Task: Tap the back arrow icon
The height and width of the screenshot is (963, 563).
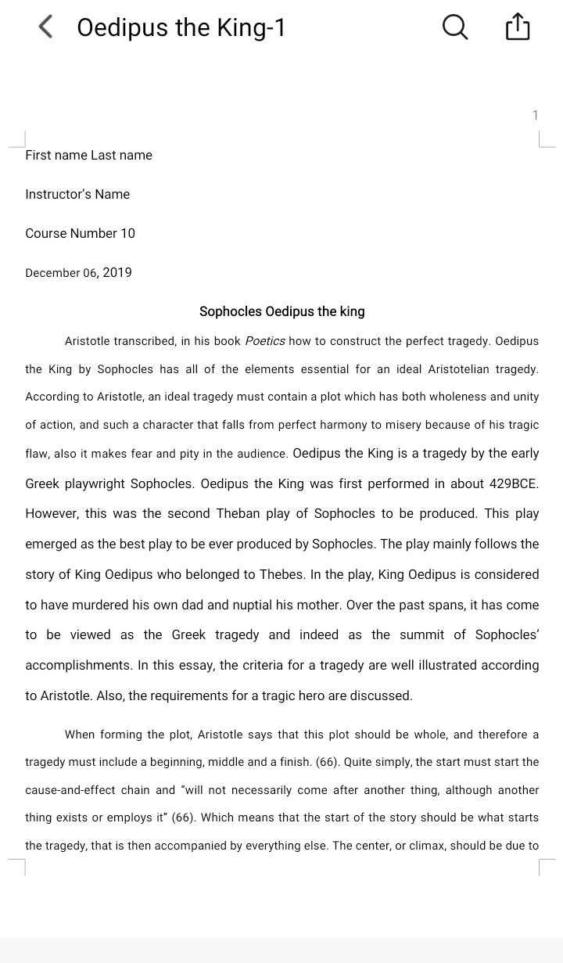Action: click(45, 27)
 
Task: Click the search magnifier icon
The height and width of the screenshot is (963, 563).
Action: click(455, 27)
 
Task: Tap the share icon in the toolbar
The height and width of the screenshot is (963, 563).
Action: click(518, 27)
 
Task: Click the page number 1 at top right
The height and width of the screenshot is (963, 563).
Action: click(535, 116)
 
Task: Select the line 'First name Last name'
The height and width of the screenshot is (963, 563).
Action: click(88, 155)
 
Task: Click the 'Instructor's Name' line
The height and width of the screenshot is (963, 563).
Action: click(77, 194)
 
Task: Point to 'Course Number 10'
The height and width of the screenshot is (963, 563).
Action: click(80, 233)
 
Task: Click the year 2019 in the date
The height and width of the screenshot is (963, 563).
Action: click(117, 272)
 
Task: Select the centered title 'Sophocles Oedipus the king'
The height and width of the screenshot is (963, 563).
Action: click(281, 311)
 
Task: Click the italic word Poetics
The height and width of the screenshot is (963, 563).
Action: click(265, 341)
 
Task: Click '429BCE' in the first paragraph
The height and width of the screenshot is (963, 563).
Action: click(513, 483)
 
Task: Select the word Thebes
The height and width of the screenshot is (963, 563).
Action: click(279, 574)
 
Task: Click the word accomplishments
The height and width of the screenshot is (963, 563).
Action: click(77, 665)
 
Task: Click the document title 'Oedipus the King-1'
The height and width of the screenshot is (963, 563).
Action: click(181, 27)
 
